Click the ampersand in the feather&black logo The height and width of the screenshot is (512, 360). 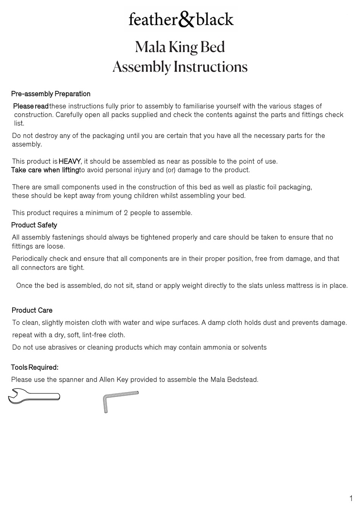[186, 20]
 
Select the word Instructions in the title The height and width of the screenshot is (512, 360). [211, 67]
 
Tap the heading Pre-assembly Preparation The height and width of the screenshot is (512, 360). [51, 94]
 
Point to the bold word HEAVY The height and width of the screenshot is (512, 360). [69, 161]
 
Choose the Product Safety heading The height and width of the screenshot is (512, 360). [34, 225]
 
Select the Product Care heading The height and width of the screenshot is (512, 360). [32, 310]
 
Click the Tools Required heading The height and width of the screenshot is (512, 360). [34, 368]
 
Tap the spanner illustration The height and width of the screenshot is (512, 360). [34, 396]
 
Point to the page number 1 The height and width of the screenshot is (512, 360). [351, 499]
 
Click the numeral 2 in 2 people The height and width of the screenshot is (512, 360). [126, 213]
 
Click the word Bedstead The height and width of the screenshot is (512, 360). [243, 380]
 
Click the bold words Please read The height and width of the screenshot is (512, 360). [31, 106]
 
